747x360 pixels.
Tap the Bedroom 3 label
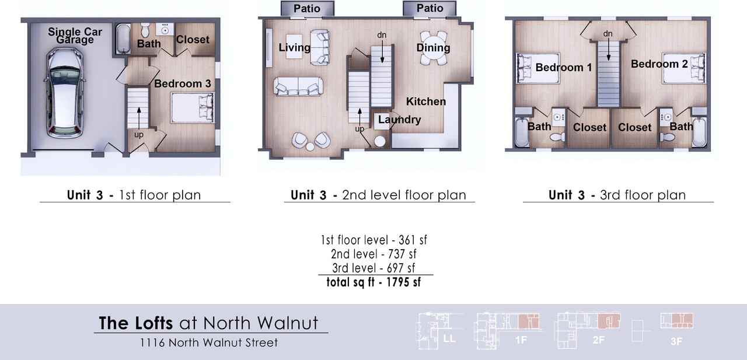[182, 84]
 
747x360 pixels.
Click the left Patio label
[307, 9]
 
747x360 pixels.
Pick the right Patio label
[430, 9]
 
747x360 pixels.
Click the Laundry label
[399, 120]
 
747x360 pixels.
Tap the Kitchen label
[426, 102]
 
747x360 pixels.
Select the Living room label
[294, 47]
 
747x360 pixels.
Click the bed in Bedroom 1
[530, 68]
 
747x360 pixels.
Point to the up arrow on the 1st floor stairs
[138, 117]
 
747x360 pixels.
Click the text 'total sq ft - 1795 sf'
[373, 282]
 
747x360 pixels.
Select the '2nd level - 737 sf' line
[374, 254]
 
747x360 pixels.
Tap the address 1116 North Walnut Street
[209, 342]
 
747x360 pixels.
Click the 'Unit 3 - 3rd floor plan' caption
[617, 195]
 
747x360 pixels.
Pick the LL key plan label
[449, 339]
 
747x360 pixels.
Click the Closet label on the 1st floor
[192, 40]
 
